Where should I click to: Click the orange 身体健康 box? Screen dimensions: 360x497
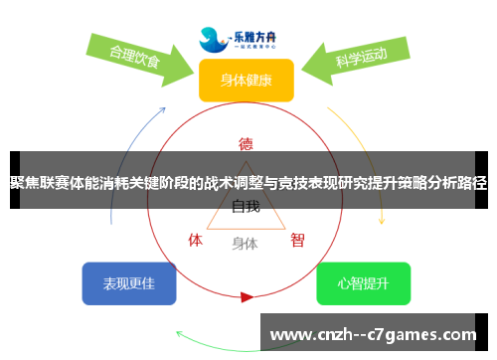pyautogui.click(x=246, y=80)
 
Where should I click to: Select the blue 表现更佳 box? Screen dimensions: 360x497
pyautogui.click(x=128, y=283)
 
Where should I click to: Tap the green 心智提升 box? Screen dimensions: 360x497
pyautogui.click(x=363, y=283)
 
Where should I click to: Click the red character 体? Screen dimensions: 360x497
pyautogui.click(x=196, y=240)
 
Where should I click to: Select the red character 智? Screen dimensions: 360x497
pyautogui.click(x=297, y=240)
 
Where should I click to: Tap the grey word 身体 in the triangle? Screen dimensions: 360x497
pyautogui.click(x=245, y=243)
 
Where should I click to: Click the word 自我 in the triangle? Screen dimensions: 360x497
pyautogui.click(x=246, y=207)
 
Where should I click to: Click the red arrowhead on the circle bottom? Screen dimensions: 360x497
pyautogui.click(x=247, y=296)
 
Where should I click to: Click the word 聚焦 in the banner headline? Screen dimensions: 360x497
pyautogui.click(x=26, y=182)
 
